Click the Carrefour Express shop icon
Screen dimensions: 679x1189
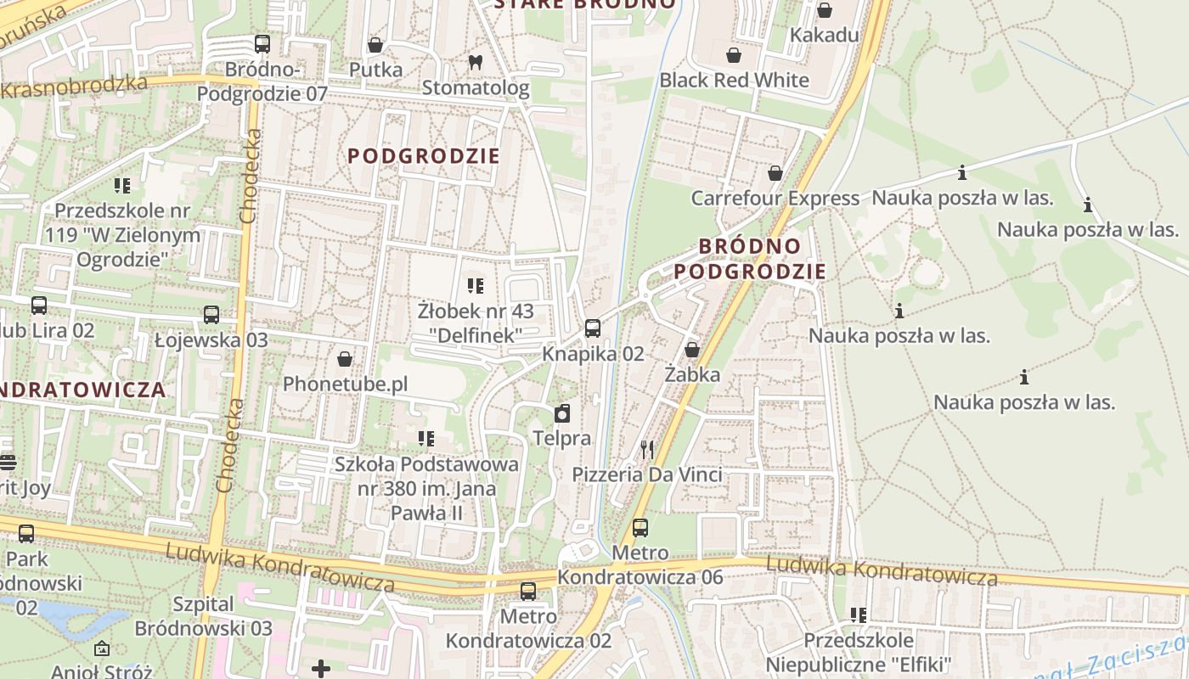click(x=775, y=173)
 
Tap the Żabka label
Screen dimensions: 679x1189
click(x=692, y=374)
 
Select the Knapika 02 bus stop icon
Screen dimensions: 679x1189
click(x=593, y=328)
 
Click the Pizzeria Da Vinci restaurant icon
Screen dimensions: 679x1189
click(x=648, y=449)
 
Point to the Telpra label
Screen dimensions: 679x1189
click(x=561, y=438)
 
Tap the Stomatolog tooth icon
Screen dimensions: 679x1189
click(x=476, y=62)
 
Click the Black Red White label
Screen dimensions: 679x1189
click(x=734, y=81)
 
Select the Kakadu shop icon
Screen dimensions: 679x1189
click(x=824, y=10)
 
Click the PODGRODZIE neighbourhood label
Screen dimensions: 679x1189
click(x=424, y=156)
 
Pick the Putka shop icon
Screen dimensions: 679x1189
click(x=375, y=45)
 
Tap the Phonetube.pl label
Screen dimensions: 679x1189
click(x=345, y=384)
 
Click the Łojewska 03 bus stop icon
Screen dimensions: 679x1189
click(x=211, y=315)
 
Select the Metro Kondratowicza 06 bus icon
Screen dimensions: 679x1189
click(x=640, y=528)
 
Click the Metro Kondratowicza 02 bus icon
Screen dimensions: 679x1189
click(x=528, y=592)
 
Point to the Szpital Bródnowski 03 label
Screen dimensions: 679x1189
click(x=204, y=616)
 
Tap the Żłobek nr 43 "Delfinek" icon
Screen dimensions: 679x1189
click(x=476, y=286)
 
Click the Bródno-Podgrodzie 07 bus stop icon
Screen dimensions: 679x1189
click(x=262, y=44)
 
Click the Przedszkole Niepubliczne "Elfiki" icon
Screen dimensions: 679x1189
click(x=859, y=614)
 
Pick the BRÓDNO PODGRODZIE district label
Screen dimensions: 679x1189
click(x=750, y=258)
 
